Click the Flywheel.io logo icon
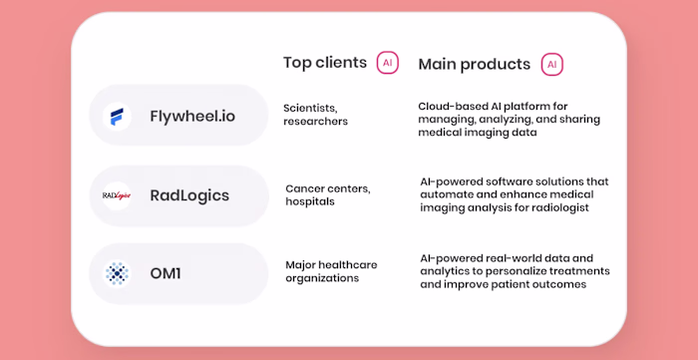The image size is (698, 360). point(117,116)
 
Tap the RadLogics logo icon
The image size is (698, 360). point(117,195)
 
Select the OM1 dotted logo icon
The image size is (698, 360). point(117,273)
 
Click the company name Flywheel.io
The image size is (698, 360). point(193,116)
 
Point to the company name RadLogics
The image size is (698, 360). point(189,195)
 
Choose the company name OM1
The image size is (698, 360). point(166,273)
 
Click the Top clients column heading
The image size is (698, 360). point(325,63)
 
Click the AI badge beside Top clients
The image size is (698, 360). point(387,63)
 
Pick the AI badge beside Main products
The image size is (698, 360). point(551,64)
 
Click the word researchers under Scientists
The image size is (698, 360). point(316,122)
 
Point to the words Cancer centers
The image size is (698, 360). point(328,187)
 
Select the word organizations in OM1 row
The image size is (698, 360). point(322,278)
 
